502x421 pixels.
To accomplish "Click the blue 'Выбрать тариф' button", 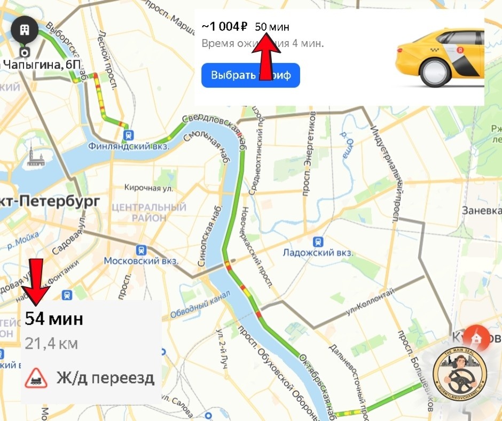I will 250,75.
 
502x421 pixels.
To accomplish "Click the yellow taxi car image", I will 440,59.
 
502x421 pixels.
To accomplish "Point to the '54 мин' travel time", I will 54,319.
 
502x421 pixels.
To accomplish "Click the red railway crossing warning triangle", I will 37,378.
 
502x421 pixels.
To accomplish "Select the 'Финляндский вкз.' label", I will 128,145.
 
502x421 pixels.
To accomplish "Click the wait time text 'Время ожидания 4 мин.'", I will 263,43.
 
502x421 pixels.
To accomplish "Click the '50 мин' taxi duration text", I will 272,27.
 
